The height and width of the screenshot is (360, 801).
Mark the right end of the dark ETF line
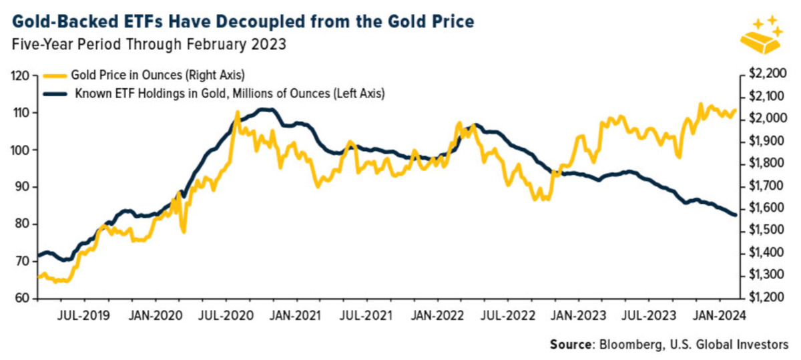736,214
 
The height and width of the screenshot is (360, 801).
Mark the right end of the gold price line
736,110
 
